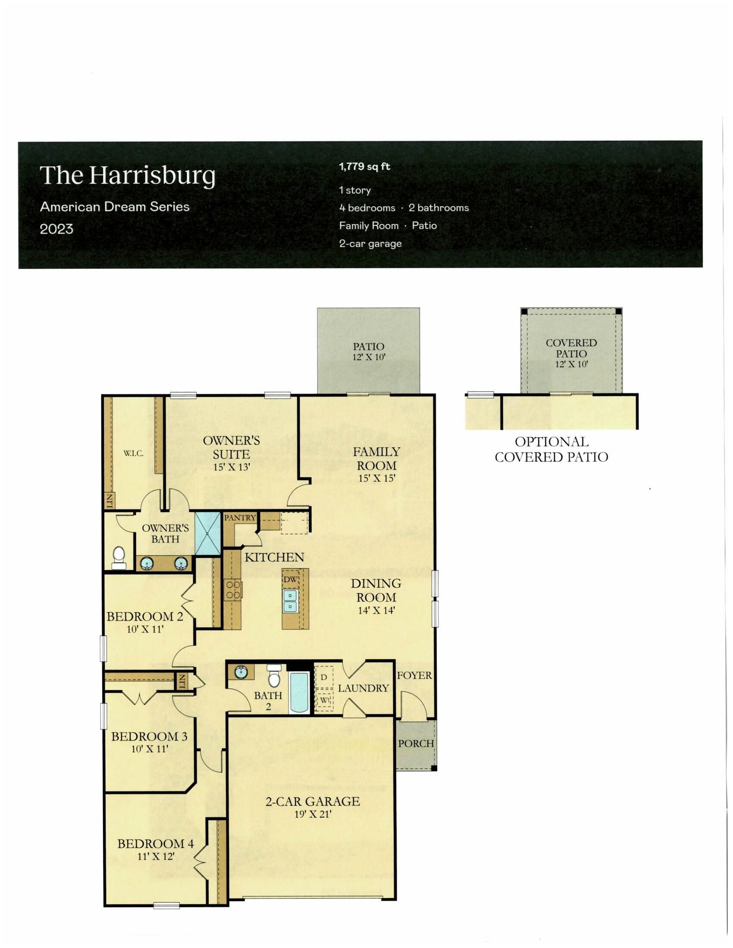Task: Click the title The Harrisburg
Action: (x=128, y=175)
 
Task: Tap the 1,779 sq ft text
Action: (x=364, y=167)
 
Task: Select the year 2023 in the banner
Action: (x=56, y=229)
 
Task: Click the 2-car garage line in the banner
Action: (x=370, y=243)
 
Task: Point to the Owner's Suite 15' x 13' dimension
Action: (x=232, y=468)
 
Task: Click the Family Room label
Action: (x=376, y=459)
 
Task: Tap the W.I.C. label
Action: (x=133, y=454)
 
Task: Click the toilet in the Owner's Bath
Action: (x=119, y=557)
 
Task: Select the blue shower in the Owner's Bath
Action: (x=207, y=533)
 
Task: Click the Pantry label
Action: (x=240, y=518)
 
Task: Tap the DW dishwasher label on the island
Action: (x=290, y=580)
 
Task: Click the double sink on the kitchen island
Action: (x=290, y=600)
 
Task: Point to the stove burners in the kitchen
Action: (x=233, y=590)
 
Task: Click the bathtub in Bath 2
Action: (x=299, y=692)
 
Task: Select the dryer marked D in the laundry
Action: (x=324, y=677)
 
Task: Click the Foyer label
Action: (x=414, y=675)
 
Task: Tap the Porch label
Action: (x=416, y=744)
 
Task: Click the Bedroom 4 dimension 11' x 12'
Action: (x=156, y=856)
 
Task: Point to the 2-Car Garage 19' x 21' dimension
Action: (x=313, y=814)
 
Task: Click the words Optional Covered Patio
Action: (x=551, y=449)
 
